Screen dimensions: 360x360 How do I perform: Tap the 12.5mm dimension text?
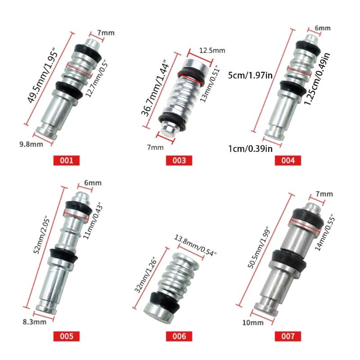pyautogui.click(x=212, y=50)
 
